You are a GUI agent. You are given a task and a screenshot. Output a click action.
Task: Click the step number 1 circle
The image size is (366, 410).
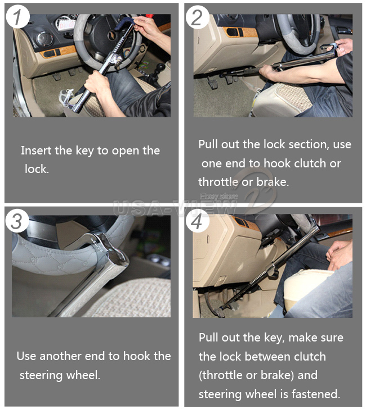17,17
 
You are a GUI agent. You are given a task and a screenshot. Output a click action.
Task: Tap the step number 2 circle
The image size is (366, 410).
197,17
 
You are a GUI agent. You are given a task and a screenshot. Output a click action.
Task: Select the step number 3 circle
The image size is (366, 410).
17,221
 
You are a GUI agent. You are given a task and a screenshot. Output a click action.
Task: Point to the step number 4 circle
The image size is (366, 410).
197,221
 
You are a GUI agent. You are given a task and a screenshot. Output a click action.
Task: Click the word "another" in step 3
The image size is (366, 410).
61,356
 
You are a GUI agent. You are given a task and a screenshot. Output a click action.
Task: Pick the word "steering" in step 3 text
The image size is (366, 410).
41,376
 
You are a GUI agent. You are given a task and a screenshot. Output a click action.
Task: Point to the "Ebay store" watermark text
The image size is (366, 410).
219,197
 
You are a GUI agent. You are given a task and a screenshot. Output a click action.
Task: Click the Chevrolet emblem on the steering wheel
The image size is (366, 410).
112,34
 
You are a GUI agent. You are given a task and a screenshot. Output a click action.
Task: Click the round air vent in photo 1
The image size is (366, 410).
44,39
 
